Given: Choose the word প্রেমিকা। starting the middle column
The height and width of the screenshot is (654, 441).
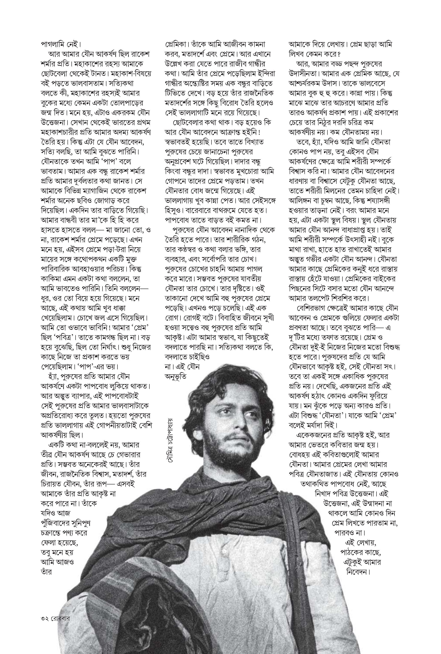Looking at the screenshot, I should pyautogui.click(x=177, y=45).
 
